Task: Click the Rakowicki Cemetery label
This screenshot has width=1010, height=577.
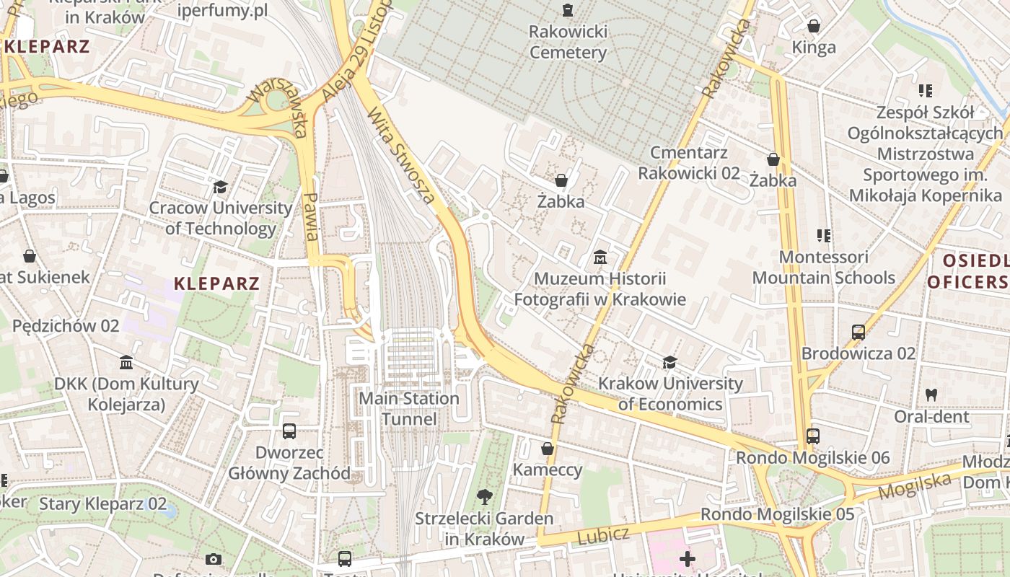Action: point(568,42)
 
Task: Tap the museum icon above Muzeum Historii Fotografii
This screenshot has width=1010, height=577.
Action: point(600,257)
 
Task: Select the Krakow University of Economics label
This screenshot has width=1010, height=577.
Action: point(670,394)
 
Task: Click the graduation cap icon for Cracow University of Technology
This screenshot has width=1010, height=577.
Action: point(220,188)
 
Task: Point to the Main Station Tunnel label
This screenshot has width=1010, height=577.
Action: point(409,408)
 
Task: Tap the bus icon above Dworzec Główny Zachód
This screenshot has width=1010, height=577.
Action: point(289,431)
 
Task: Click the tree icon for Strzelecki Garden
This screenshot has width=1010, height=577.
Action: point(485,496)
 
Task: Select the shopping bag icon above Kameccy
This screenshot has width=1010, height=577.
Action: point(548,449)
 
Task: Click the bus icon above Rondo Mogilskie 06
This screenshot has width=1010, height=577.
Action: point(813,436)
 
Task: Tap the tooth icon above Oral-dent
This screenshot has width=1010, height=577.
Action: point(931,395)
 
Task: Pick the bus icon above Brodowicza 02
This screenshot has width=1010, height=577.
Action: point(858,332)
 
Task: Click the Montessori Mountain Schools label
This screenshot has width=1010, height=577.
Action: point(824,268)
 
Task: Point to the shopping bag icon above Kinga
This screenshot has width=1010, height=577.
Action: point(814,26)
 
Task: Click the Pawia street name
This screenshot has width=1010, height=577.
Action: point(311,216)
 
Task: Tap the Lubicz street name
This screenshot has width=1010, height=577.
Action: point(604,535)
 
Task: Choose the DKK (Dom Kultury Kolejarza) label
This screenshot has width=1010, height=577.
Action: point(126,394)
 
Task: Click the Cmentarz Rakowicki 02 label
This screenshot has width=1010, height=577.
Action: point(689,163)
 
